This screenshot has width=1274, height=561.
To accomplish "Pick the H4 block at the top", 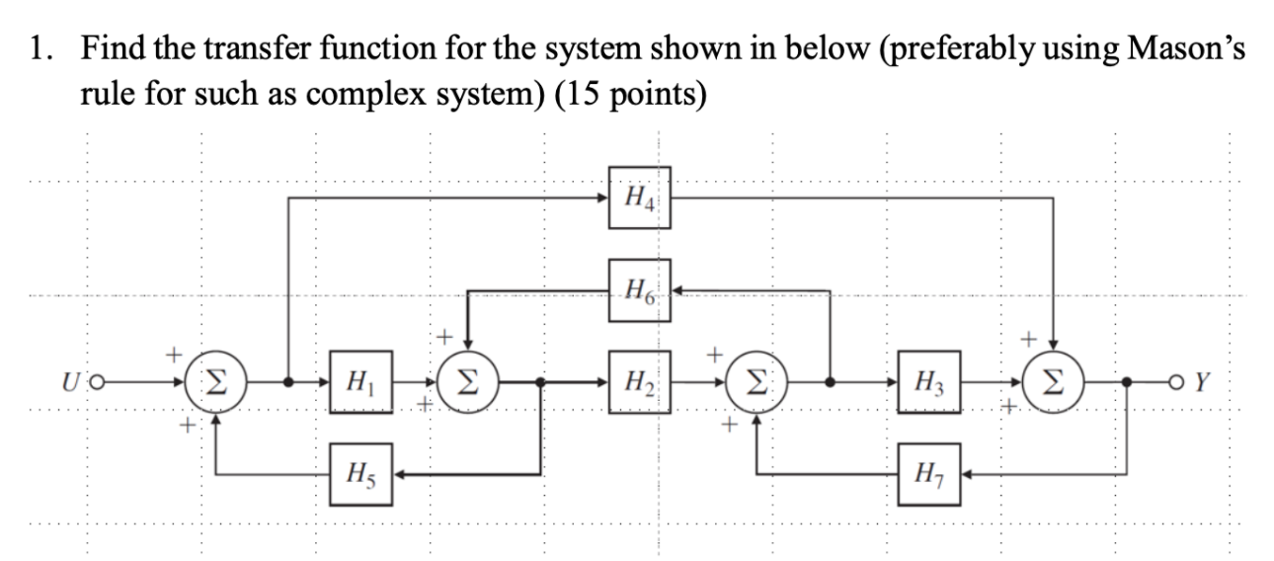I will coord(639,198).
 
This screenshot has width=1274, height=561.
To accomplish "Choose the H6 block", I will coord(639,290).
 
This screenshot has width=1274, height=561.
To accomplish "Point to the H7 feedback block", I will coord(929,475).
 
